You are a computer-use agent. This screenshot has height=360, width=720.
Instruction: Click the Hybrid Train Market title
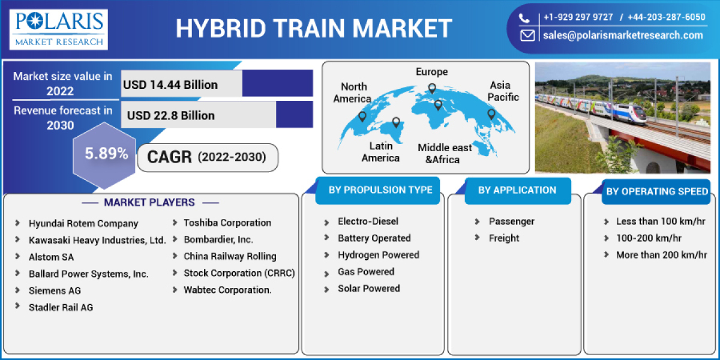(314, 28)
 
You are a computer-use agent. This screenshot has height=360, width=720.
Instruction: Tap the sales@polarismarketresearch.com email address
(623, 35)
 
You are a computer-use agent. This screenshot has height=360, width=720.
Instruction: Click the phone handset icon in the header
(525, 17)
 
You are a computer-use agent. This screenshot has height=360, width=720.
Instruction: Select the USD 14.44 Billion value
(170, 85)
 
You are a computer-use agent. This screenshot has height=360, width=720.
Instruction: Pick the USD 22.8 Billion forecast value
(170, 115)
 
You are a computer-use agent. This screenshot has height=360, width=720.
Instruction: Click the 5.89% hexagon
(106, 154)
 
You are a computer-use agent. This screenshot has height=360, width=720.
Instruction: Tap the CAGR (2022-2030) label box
(208, 158)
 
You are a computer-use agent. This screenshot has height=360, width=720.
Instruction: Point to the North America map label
(353, 92)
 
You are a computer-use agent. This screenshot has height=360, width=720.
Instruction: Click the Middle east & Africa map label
(445, 154)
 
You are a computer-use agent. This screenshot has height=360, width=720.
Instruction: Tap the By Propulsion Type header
(380, 190)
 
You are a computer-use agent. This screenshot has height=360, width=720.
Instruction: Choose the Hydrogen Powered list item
(378, 255)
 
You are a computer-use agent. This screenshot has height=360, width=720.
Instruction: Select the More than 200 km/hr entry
(661, 255)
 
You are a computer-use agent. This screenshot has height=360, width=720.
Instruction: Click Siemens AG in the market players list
(55, 290)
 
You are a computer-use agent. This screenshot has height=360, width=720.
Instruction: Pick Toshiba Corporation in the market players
(227, 223)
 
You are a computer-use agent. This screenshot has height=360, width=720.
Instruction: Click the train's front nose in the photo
(642, 113)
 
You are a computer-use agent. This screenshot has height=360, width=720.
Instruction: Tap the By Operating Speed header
(657, 191)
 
